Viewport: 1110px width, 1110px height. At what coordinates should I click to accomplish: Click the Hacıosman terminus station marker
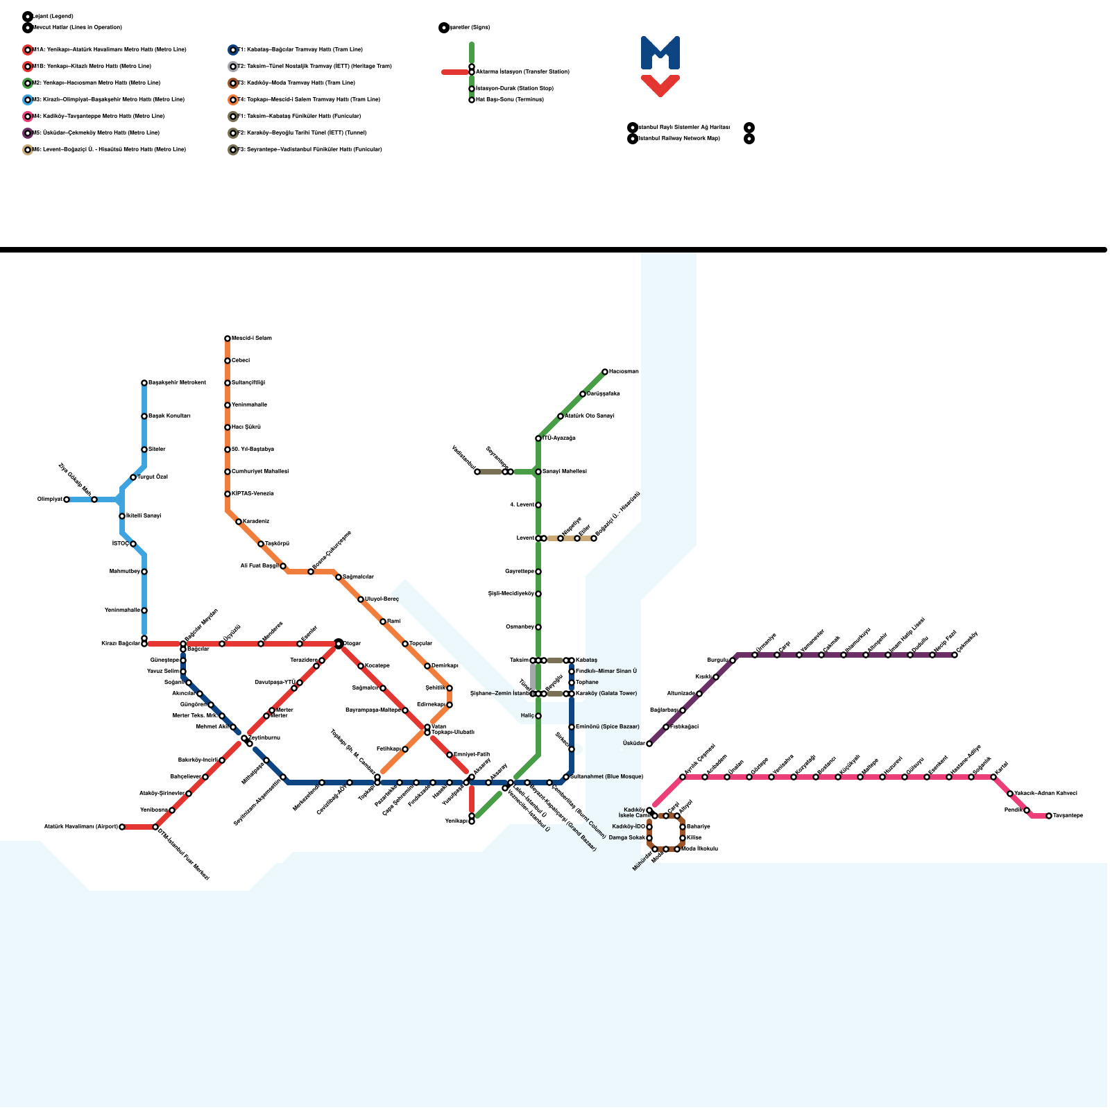[605, 372]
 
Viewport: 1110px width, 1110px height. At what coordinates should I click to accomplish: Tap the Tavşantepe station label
[1068, 816]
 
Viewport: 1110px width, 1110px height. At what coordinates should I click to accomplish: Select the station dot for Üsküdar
[649, 744]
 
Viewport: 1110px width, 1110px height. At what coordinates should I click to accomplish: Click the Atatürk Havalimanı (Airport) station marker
[122, 827]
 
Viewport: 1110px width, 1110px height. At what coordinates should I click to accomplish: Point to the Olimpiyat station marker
[67, 499]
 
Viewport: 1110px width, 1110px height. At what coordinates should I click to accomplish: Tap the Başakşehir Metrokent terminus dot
[144, 383]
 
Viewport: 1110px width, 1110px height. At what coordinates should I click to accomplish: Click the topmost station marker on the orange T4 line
[228, 339]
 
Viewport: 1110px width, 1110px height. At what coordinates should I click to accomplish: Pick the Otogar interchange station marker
[339, 644]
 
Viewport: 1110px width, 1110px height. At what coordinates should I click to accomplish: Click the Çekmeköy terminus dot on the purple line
[955, 655]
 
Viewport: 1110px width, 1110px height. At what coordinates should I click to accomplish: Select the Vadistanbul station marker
[477, 472]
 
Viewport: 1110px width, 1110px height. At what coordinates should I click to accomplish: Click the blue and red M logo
[660, 66]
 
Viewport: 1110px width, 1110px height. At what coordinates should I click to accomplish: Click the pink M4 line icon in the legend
[28, 117]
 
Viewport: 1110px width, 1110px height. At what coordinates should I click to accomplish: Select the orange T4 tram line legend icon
[233, 100]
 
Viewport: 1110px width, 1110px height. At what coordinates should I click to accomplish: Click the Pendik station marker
[1027, 810]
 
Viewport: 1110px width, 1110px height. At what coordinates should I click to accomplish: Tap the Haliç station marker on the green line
[538, 716]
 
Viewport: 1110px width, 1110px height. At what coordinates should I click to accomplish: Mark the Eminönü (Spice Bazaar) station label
[607, 727]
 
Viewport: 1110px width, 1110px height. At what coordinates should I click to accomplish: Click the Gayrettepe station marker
[538, 572]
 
